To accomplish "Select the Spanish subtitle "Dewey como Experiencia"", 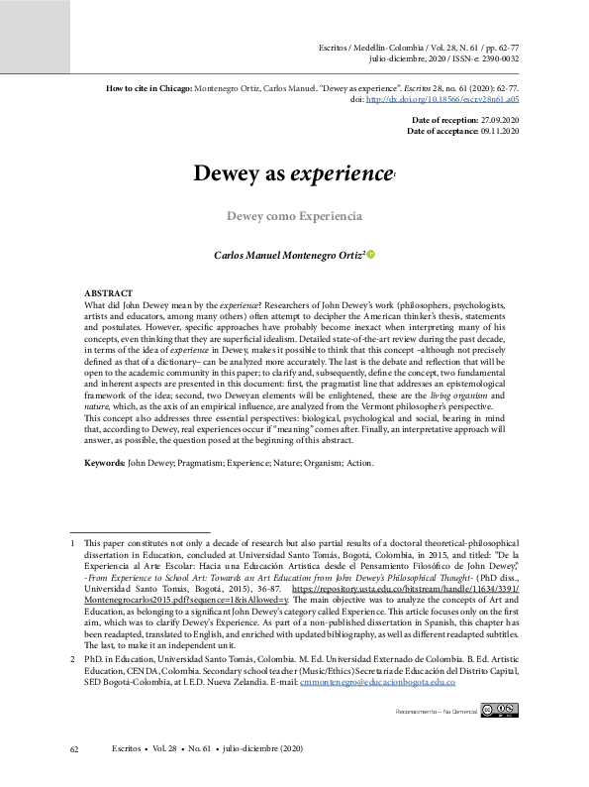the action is [x=294, y=215].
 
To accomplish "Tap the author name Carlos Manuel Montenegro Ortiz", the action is [x=289, y=255].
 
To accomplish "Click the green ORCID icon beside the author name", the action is [x=372, y=255].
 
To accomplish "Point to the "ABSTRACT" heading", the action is [x=107, y=294].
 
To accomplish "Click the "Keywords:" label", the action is [x=104, y=464].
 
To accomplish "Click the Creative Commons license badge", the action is [x=500, y=709].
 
